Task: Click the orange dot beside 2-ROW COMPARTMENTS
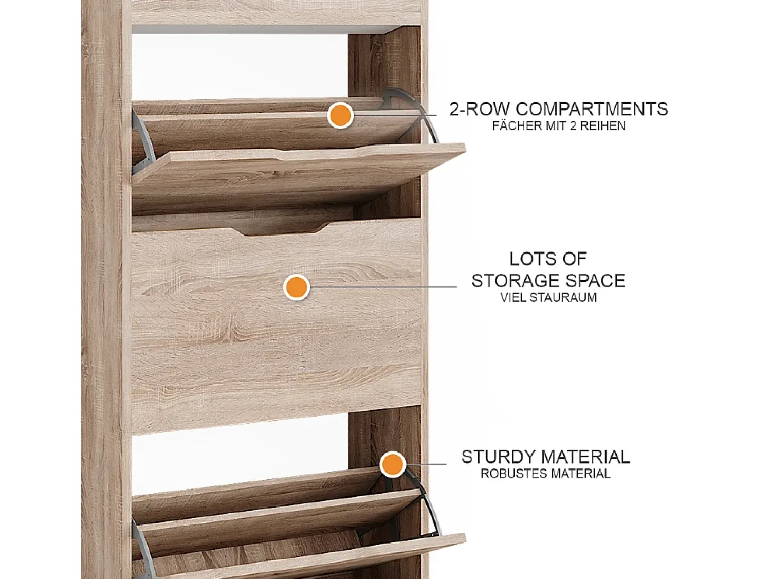tap(340, 116)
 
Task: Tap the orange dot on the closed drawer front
tap(297, 287)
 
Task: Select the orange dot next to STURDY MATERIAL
tap(393, 464)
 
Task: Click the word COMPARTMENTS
tap(592, 109)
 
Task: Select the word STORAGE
tap(514, 281)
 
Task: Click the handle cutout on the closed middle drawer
tap(277, 230)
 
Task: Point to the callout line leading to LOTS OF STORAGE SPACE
tap(383, 287)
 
